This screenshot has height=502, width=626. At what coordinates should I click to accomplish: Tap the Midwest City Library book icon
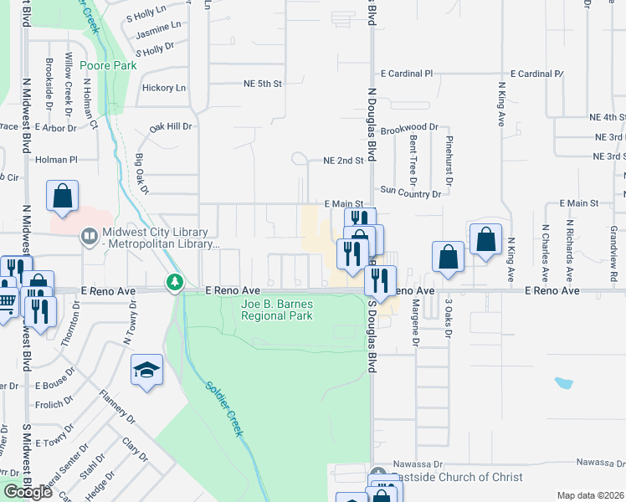tap(88, 237)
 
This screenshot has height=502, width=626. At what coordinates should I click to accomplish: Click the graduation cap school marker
tap(147, 371)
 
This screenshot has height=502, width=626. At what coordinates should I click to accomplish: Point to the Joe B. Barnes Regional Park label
tap(276, 310)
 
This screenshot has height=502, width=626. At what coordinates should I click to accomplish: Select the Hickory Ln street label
tap(164, 87)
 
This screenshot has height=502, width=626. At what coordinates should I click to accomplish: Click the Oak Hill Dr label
tap(171, 127)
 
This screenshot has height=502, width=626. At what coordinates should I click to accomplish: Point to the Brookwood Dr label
tap(408, 127)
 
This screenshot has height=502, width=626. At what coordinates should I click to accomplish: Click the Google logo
tap(28, 492)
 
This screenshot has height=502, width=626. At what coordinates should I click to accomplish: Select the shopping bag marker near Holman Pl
tap(63, 197)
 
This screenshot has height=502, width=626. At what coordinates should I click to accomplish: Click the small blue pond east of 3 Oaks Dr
tap(563, 384)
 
